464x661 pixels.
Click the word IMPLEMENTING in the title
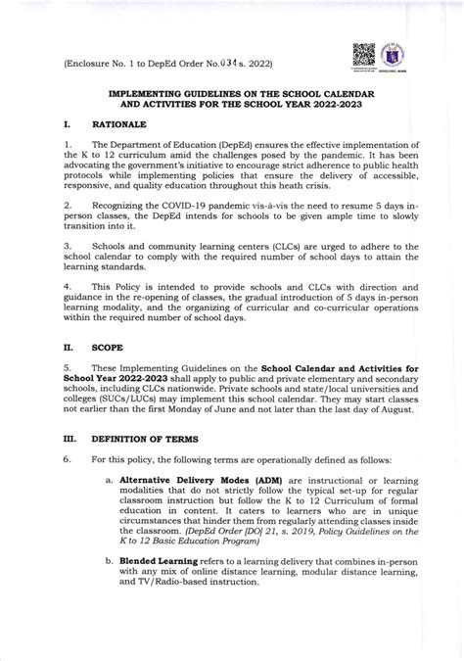[x=152, y=88]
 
